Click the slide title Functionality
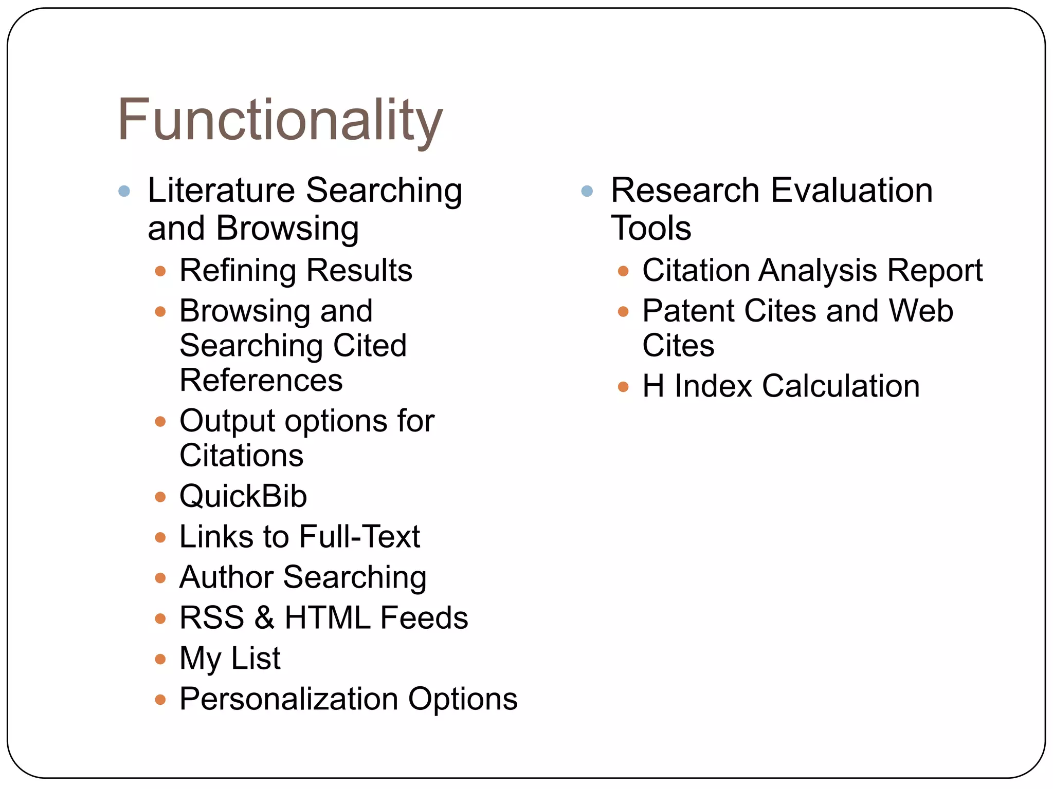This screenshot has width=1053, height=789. point(280,120)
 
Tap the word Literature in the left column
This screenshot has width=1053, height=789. point(221,190)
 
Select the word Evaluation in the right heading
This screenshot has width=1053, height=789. point(852,190)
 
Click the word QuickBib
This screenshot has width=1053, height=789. point(243,496)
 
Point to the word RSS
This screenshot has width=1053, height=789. point(211,617)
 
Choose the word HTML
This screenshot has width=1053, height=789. point(327,617)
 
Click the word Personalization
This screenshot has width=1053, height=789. point(288,699)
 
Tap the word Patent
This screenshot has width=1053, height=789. point(688,311)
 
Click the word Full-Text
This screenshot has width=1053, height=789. point(359,537)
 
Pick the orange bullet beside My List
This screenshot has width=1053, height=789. point(160,659)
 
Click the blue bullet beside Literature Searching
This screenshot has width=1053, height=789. point(124,192)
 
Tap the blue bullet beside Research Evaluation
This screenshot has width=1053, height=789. point(587,192)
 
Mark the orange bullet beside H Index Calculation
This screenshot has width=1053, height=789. point(623,387)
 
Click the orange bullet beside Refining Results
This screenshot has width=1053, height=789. point(160,271)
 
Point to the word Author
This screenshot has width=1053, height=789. point(226,577)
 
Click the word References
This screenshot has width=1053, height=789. point(261,380)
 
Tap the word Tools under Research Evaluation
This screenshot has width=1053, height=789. point(651,228)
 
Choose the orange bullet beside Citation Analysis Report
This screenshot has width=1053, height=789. point(623,271)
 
